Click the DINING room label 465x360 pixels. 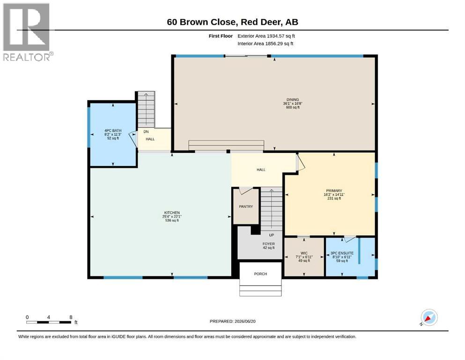point(292,100)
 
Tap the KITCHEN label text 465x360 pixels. point(172,212)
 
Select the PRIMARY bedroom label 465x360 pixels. point(334,190)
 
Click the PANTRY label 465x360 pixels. point(246,207)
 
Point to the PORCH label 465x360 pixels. point(260,274)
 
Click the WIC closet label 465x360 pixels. point(304,254)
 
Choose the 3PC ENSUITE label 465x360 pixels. point(342,253)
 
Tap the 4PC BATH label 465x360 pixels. point(113,131)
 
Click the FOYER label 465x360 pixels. point(269,244)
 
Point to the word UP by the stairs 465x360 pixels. point(271,235)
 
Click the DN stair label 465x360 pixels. point(146,131)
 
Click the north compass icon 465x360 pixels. point(429,317)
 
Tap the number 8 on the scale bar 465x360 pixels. point(71,317)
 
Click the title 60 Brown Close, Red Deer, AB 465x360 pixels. point(232,22)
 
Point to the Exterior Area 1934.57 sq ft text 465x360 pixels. point(266,36)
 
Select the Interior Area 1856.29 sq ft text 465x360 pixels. point(266,44)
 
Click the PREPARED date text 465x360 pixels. point(232,321)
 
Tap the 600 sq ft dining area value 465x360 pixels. point(293,107)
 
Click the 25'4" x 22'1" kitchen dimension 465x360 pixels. point(172,217)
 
